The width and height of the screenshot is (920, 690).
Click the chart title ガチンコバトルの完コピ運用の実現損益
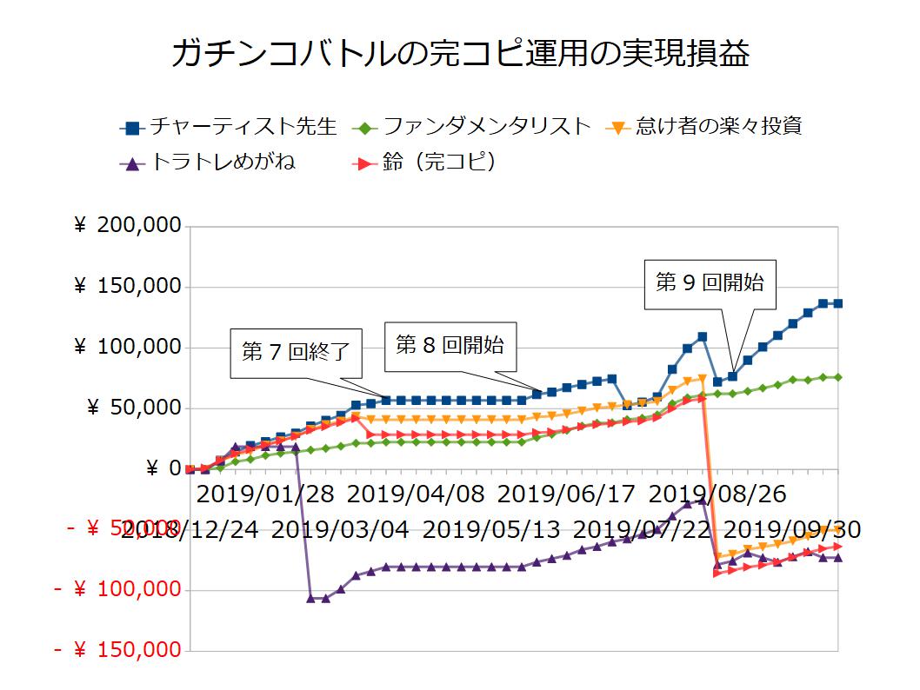(460, 53)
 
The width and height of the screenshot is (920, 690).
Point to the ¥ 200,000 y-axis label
(128, 226)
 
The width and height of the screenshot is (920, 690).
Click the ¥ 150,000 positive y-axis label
(128, 287)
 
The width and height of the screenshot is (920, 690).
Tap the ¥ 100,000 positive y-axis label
(128, 348)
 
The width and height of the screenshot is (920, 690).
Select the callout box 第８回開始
(450, 344)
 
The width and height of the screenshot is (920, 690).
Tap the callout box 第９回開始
(710, 282)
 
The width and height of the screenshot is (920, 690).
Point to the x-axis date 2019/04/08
(416, 495)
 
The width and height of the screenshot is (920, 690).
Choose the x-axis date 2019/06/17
(566, 495)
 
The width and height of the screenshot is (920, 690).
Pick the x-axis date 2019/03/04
(342, 529)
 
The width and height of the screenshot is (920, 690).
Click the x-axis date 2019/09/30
(792, 529)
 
